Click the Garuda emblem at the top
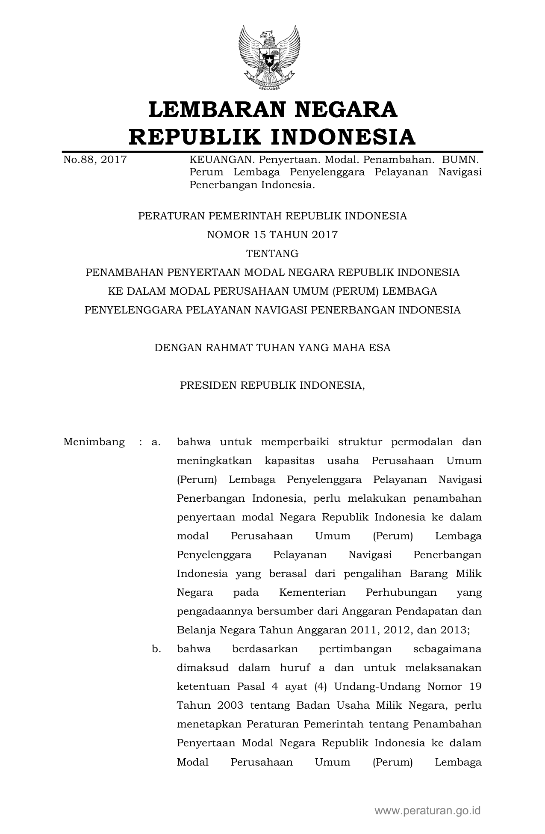click(x=269, y=57)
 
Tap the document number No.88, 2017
click(x=95, y=160)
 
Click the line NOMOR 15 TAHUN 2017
click(x=272, y=235)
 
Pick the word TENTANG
click(x=272, y=254)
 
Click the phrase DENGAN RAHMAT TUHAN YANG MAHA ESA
click(x=272, y=348)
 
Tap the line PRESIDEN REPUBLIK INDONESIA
click(x=272, y=385)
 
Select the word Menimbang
click(x=94, y=442)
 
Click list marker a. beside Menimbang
click(x=156, y=442)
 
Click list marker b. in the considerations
click(x=156, y=649)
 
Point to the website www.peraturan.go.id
click(x=427, y=810)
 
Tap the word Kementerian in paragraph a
click(x=312, y=592)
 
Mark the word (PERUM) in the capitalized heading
click(x=355, y=291)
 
